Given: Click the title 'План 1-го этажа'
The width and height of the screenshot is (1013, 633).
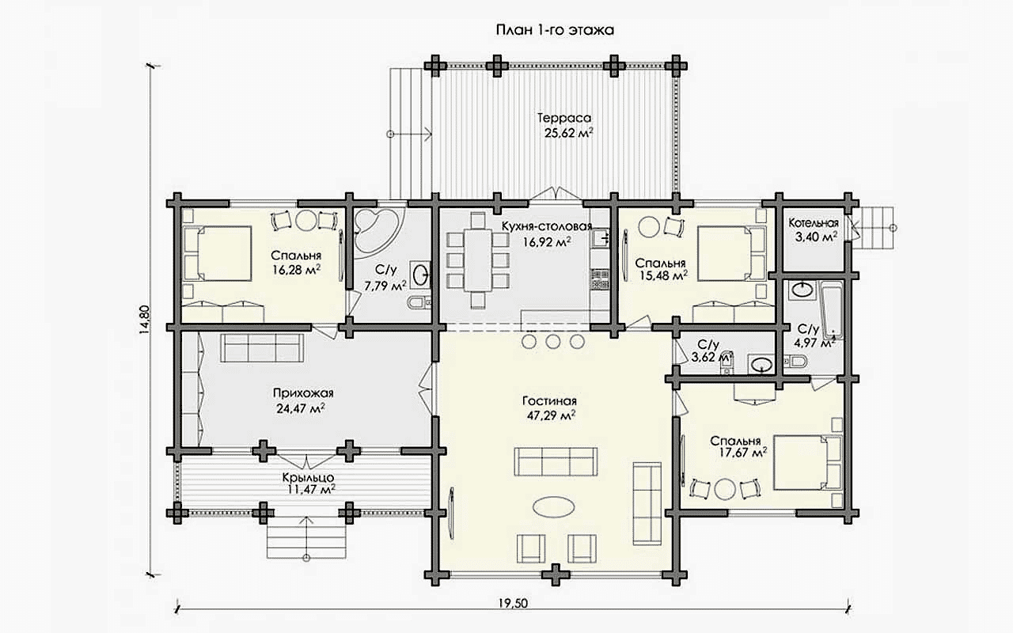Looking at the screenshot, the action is click(555, 31).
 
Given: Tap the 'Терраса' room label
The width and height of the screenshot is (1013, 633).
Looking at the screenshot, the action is click(564, 118).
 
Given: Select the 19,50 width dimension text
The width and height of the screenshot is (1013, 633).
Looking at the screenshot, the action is click(513, 604).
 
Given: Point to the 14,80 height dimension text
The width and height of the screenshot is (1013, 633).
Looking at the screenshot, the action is click(144, 320).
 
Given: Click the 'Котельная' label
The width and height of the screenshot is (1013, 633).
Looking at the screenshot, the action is click(814, 223).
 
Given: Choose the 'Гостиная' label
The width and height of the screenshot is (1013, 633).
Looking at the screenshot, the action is click(549, 401).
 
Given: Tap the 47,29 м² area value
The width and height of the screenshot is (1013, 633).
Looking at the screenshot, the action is click(552, 415).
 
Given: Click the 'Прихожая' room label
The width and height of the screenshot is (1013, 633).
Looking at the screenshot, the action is click(303, 393).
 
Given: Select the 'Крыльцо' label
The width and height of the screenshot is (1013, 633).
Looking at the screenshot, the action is click(309, 477).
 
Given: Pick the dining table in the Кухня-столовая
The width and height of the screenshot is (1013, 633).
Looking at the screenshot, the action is click(477, 260).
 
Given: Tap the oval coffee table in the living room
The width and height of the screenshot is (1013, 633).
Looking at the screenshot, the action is click(555, 506).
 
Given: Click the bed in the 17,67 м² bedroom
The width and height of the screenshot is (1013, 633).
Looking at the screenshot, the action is click(808, 463).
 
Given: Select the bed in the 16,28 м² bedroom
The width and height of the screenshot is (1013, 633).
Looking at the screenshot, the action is click(218, 254).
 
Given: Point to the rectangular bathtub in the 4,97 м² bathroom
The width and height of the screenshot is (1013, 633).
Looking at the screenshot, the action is click(831, 309).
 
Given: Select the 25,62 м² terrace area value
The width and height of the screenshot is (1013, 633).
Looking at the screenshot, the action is click(568, 134).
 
